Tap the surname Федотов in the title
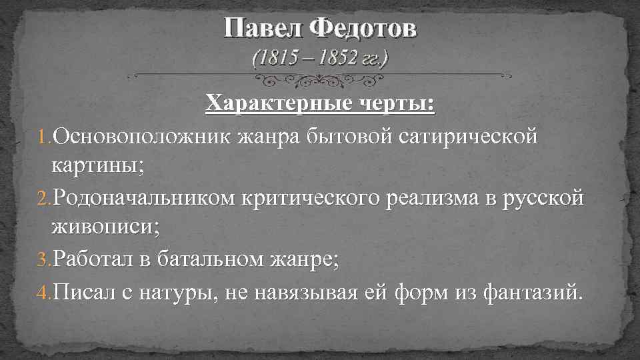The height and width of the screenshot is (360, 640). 360,28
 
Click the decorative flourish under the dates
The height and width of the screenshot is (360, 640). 319,80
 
